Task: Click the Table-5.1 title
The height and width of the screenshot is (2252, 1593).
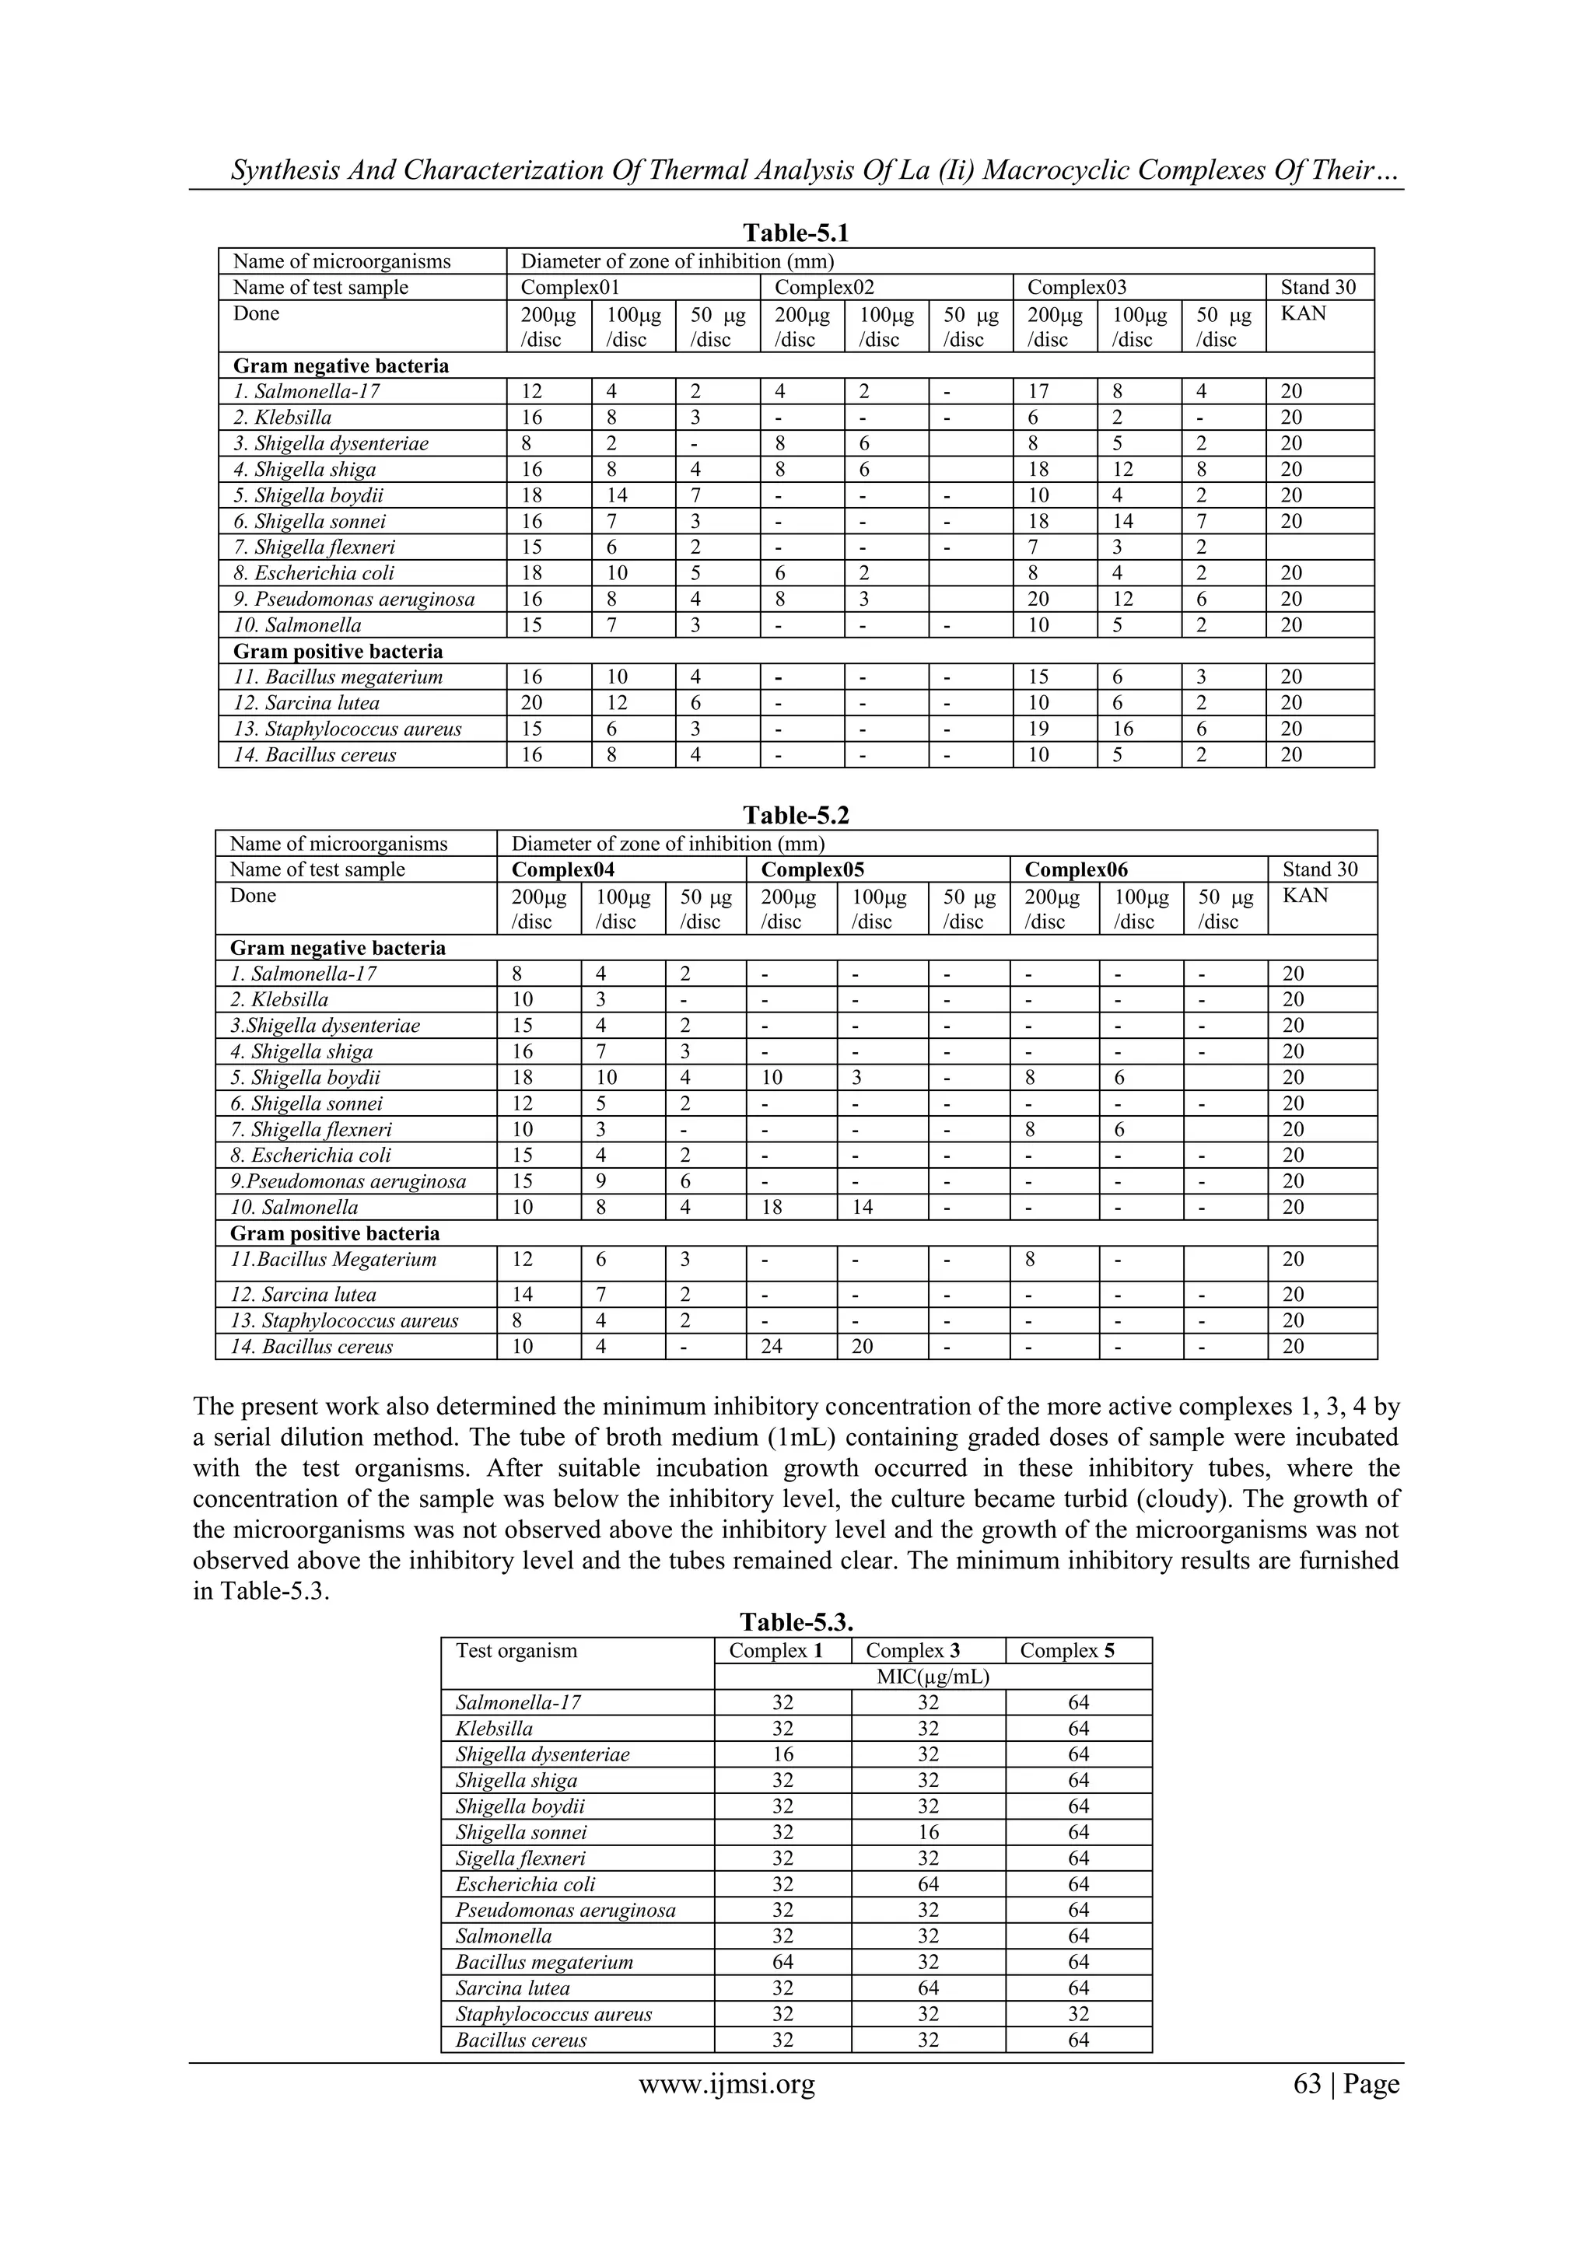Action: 796,233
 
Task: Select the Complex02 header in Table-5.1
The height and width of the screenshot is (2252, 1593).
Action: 824,288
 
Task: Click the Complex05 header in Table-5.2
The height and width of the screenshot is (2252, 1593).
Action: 812,869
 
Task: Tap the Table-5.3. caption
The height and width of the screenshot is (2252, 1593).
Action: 796,1621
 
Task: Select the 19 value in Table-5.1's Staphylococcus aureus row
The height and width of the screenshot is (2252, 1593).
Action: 1038,729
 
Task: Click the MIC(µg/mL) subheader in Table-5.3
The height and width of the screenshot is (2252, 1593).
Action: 933,1677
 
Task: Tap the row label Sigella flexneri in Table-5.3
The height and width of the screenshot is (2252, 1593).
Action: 520,1858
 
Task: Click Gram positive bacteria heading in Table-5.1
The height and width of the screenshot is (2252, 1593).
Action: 338,652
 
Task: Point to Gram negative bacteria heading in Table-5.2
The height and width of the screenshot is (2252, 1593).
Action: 338,947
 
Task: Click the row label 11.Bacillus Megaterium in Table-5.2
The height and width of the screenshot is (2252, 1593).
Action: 333,1260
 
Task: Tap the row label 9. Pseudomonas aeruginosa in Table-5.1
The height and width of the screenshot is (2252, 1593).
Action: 353,600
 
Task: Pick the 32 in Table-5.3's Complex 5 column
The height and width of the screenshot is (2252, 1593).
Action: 1078,2013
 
